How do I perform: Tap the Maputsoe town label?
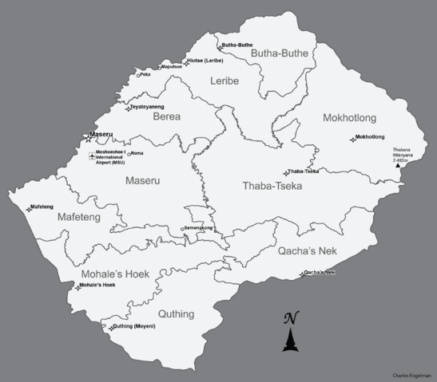point(172,67)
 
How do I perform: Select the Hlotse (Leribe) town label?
point(205,61)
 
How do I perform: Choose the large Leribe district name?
point(224,81)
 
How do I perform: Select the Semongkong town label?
point(198,228)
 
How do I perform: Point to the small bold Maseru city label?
point(102,135)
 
